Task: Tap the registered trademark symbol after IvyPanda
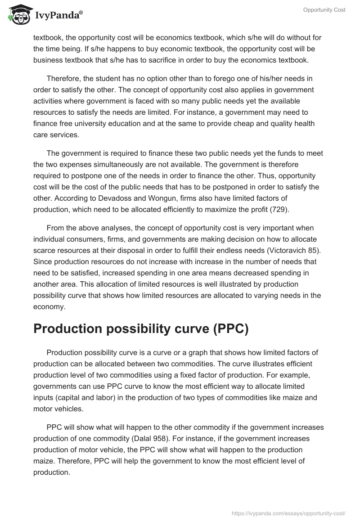(81, 13)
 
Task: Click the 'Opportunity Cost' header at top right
(324, 10)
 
